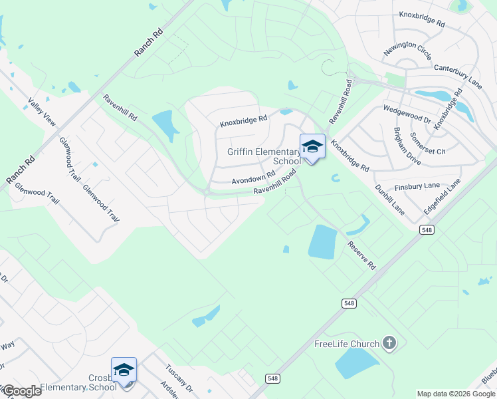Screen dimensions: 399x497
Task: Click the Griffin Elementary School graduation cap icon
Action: point(312,146)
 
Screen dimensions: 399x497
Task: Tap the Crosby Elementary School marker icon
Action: point(124,370)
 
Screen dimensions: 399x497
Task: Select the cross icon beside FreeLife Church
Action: point(389,343)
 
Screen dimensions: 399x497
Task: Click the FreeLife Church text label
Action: point(346,344)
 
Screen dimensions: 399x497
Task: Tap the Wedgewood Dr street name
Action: point(407,112)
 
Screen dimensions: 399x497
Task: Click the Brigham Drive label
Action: point(407,146)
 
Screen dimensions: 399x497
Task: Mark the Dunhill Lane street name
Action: point(389,199)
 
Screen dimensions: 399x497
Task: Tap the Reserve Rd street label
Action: point(361,255)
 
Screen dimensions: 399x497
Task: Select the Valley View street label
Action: point(41,113)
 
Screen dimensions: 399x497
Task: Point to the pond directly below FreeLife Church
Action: point(356,363)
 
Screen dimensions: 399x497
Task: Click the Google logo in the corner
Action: point(21,391)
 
